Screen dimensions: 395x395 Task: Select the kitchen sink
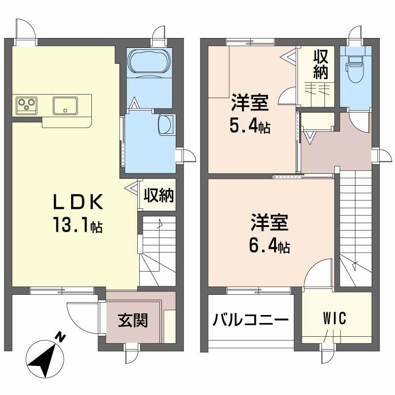[65, 105]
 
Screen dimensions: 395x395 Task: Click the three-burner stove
[27, 105]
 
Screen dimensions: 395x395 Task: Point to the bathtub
[149, 63]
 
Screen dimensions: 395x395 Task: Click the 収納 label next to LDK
[158, 196]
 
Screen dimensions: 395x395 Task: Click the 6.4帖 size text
[269, 245]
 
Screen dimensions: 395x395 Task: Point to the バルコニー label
[250, 321]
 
